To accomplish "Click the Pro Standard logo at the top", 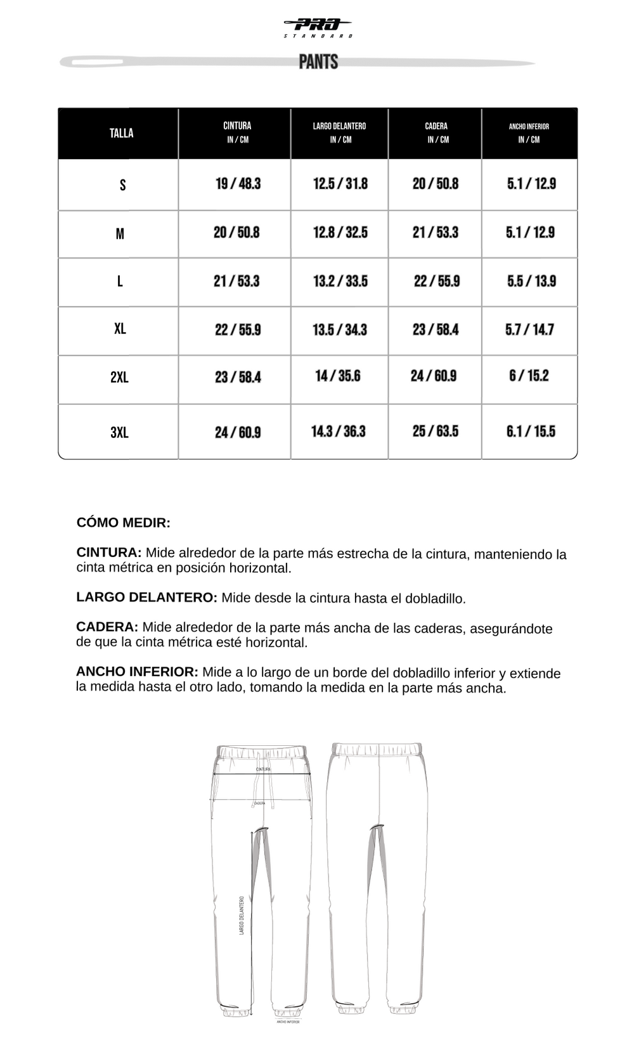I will pos(318,27).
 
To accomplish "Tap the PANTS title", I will pos(318,62).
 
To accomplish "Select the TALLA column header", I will pos(121,133).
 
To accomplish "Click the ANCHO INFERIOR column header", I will pos(529,132).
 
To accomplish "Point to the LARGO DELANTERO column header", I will pos(339,132).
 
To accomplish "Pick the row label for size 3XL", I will pos(119,433).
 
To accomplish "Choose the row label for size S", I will pos(122,185).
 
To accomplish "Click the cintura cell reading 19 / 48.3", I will pos(238,184).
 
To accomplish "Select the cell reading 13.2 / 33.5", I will pos(340,281).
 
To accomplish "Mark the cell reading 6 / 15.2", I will pos(529,376).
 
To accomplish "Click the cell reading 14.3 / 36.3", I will pos(339,432).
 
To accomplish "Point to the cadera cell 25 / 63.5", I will pos(435,432).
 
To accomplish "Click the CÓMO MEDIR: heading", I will pos(124,523).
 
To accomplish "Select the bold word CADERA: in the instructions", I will pos(107,627).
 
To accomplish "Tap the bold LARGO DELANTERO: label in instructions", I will pos(146,597).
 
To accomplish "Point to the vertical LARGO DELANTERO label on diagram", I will pos(242,915).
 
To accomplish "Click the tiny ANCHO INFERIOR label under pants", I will pos(288,1022).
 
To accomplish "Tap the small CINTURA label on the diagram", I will pos(263,769).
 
